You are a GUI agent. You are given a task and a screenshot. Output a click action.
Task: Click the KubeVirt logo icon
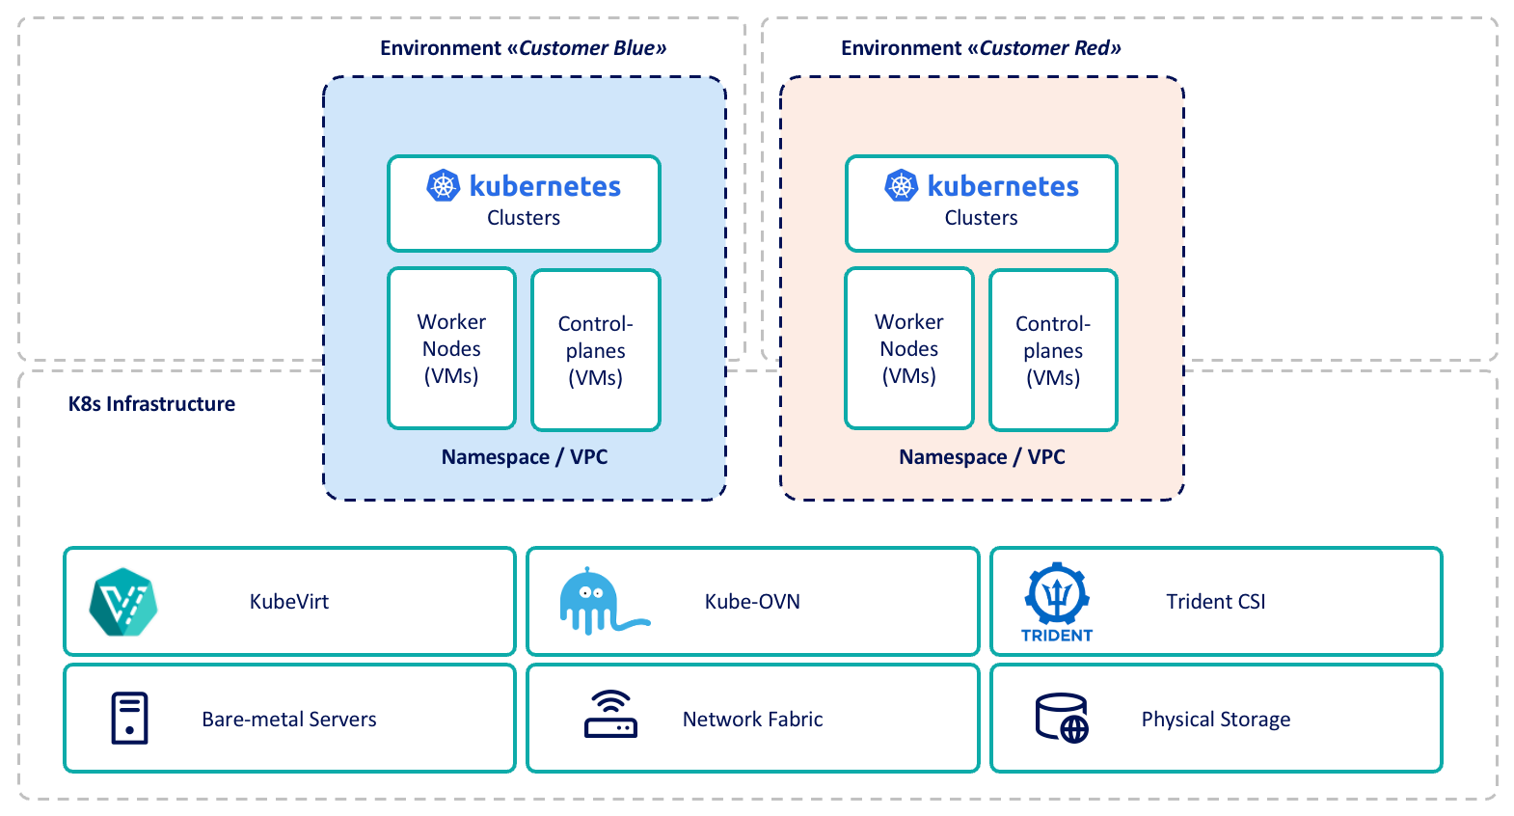pos(123,602)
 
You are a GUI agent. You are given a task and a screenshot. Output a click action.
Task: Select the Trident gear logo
pos(1057,595)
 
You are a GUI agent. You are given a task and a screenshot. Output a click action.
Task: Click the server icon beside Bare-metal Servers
pos(129,719)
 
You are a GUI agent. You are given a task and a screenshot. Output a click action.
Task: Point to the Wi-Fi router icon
pos(610,715)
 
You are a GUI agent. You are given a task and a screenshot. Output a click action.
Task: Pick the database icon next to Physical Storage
pos(1062,719)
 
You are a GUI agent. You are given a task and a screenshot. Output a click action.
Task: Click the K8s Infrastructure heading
pos(151,404)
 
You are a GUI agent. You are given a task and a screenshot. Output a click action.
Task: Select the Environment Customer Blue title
pos(523,48)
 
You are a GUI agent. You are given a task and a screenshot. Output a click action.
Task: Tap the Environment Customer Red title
pos(981,48)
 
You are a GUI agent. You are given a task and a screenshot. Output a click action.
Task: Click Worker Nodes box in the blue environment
pos(451,348)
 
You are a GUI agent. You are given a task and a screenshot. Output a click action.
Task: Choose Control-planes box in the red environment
pos(1053,350)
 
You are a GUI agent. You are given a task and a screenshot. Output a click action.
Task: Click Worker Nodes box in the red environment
pos(909,348)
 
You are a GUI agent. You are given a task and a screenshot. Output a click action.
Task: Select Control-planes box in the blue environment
pos(596,350)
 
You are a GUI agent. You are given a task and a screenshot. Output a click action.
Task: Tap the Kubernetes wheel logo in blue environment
pos(444,185)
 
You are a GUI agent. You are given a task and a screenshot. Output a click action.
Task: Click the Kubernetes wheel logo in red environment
pos(902,185)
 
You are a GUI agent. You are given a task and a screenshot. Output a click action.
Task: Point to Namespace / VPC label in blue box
pos(525,457)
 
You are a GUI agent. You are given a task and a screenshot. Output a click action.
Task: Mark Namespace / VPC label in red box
pos(982,457)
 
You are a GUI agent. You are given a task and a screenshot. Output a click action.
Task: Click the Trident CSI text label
pos(1215,602)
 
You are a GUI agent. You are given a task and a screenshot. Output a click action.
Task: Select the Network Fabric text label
pos(752,720)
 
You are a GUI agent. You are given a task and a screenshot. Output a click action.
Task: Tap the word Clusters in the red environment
pos(981,218)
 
